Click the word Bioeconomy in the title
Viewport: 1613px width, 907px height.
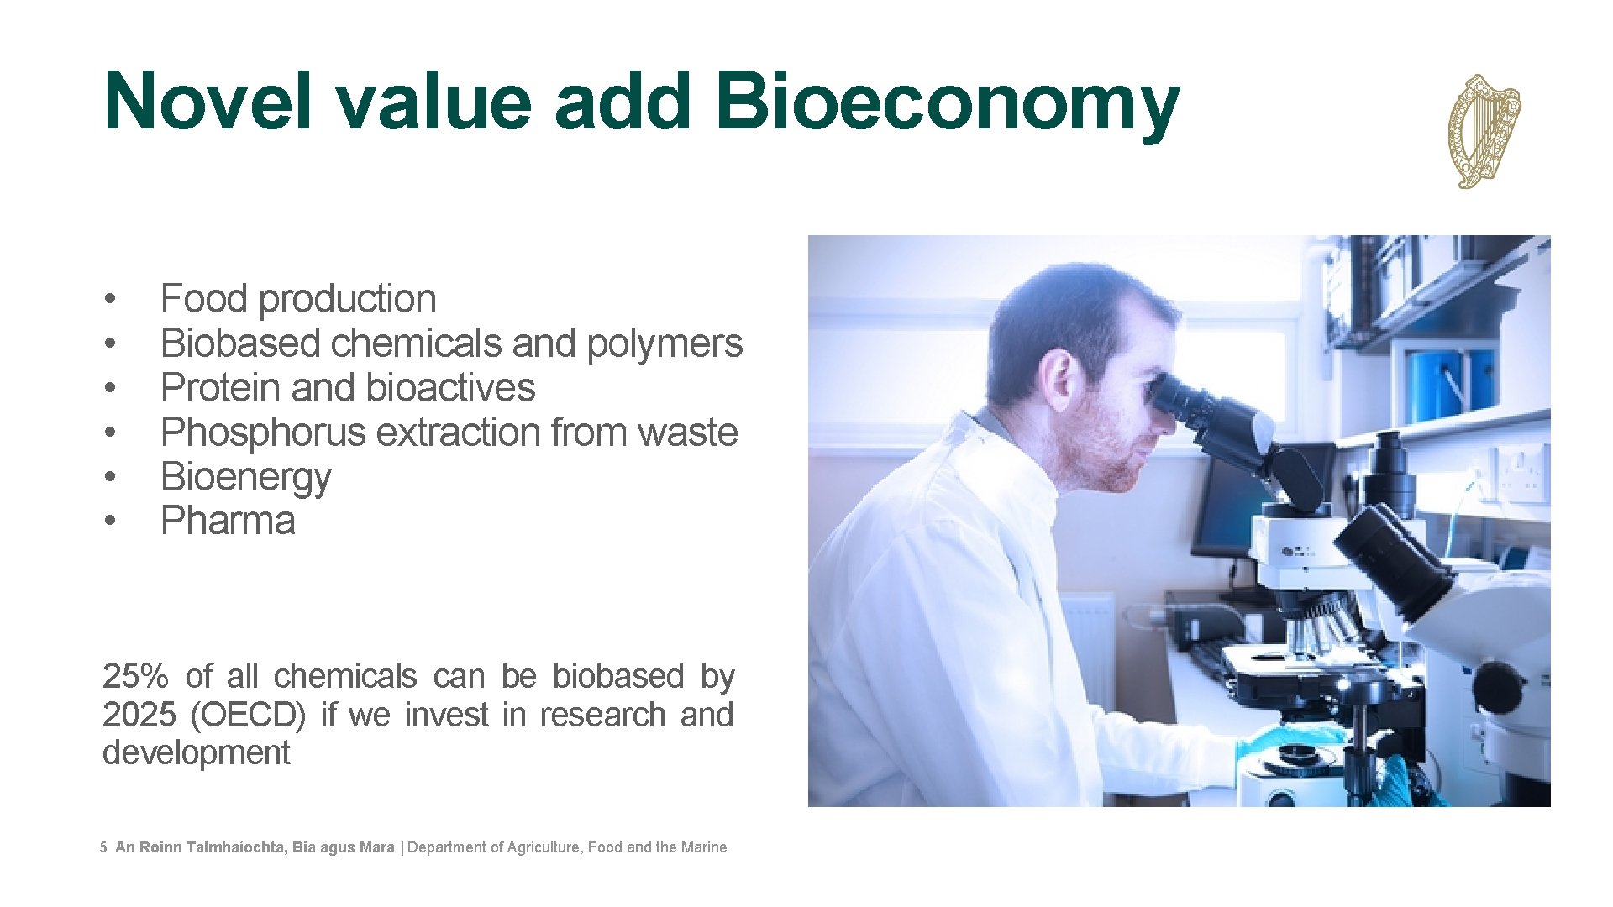pos(947,102)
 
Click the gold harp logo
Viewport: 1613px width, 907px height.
pos(1484,131)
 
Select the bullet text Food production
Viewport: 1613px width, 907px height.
pos(298,300)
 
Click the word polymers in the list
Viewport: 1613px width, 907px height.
pos(665,344)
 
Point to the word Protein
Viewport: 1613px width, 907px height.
pos(220,389)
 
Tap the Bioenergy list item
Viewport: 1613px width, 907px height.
pos(245,478)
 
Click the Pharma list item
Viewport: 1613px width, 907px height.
pos(228,522)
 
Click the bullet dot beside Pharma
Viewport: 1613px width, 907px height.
pos(110,522)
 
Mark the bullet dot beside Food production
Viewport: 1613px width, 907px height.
pos(110,300)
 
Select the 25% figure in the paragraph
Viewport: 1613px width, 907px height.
pos(135,677)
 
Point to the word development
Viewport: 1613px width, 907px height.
pos(196,753)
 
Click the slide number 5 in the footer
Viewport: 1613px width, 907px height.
pos(103,848)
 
